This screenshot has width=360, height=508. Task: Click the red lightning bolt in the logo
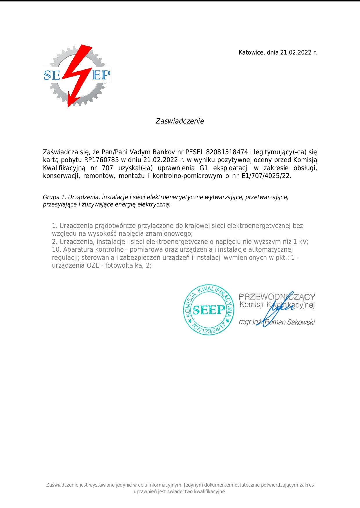pos(76,75)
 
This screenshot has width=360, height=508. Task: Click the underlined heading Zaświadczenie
pos(180,121)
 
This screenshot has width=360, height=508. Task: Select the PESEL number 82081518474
pos(227,152)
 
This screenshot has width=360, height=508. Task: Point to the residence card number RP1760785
pos(102,160)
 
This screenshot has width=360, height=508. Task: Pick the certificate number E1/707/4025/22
pos(266,176)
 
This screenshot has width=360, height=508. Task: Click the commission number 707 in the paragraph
pos(107,168)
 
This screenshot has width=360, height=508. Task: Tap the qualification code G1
pos(204,168)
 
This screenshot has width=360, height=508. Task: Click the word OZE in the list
pos(93,265)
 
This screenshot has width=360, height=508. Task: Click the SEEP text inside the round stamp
pos(209,310)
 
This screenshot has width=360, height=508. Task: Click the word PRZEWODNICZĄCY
pos(277,297)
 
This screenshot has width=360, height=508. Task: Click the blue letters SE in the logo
pos(52,76)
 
